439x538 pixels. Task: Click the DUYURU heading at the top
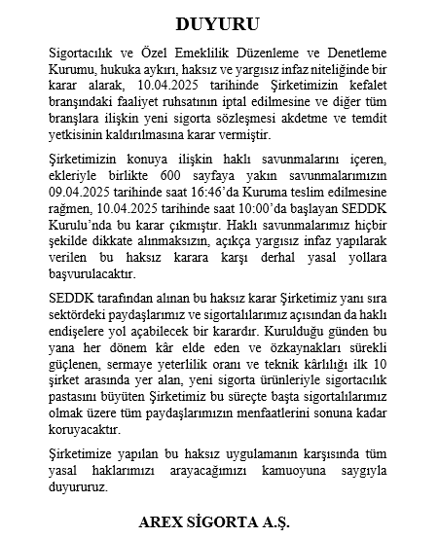pos(219,21)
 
